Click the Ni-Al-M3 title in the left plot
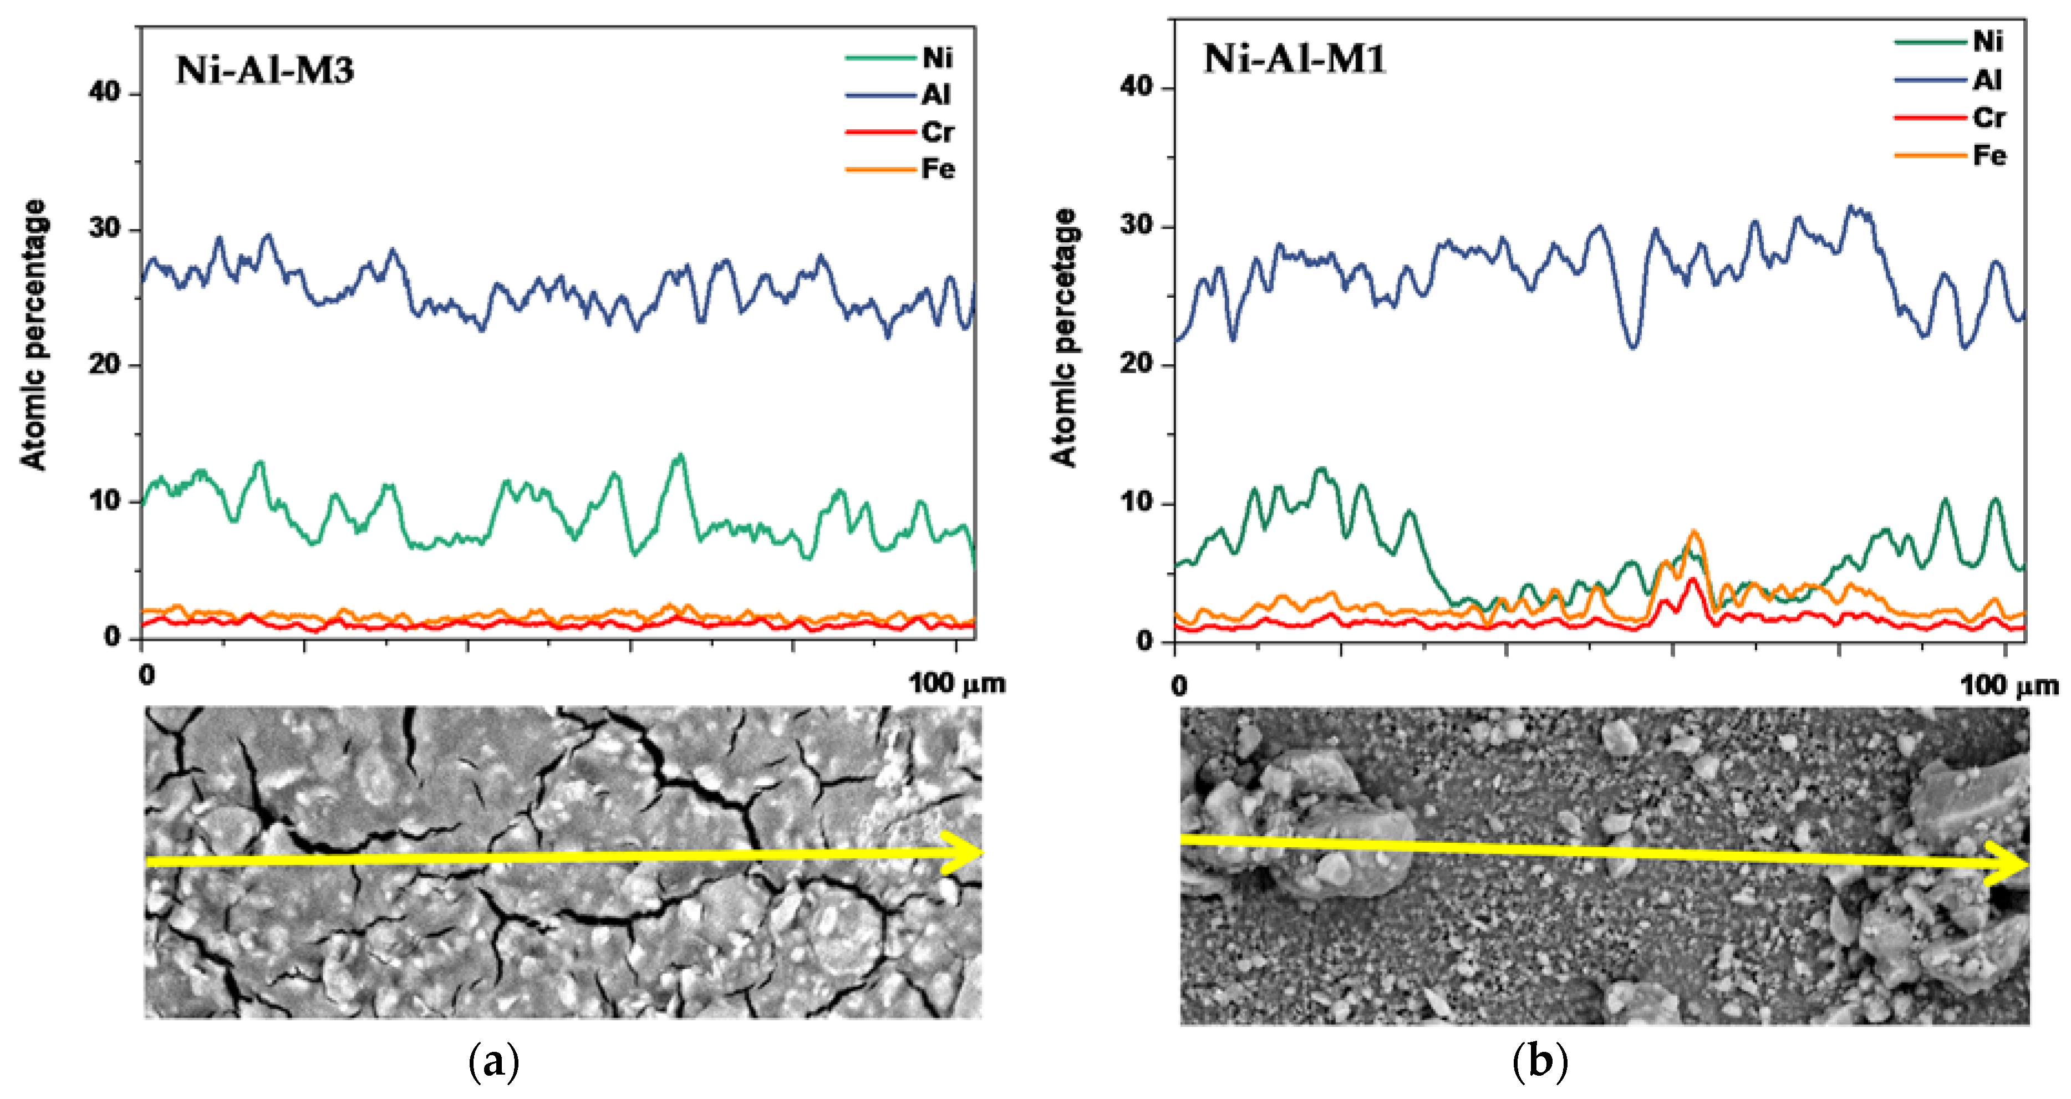[x=264, y=71]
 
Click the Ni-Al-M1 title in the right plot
[x=1294, y=59]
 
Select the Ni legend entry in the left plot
[x=937, y=58]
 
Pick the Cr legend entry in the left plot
[x=938, y=132]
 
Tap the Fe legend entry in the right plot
[x=1989, y=155]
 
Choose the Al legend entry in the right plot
[x=1987, y=80]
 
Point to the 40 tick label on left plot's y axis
[x=104, y=93]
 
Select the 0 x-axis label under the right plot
[x=1179, y=686]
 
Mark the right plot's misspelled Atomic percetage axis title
[x=1065, y=338]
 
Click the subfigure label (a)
[x=493, y=1063]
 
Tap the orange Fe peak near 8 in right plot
[x=1695, y=532]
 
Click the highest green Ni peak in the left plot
[x=681, y=456]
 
